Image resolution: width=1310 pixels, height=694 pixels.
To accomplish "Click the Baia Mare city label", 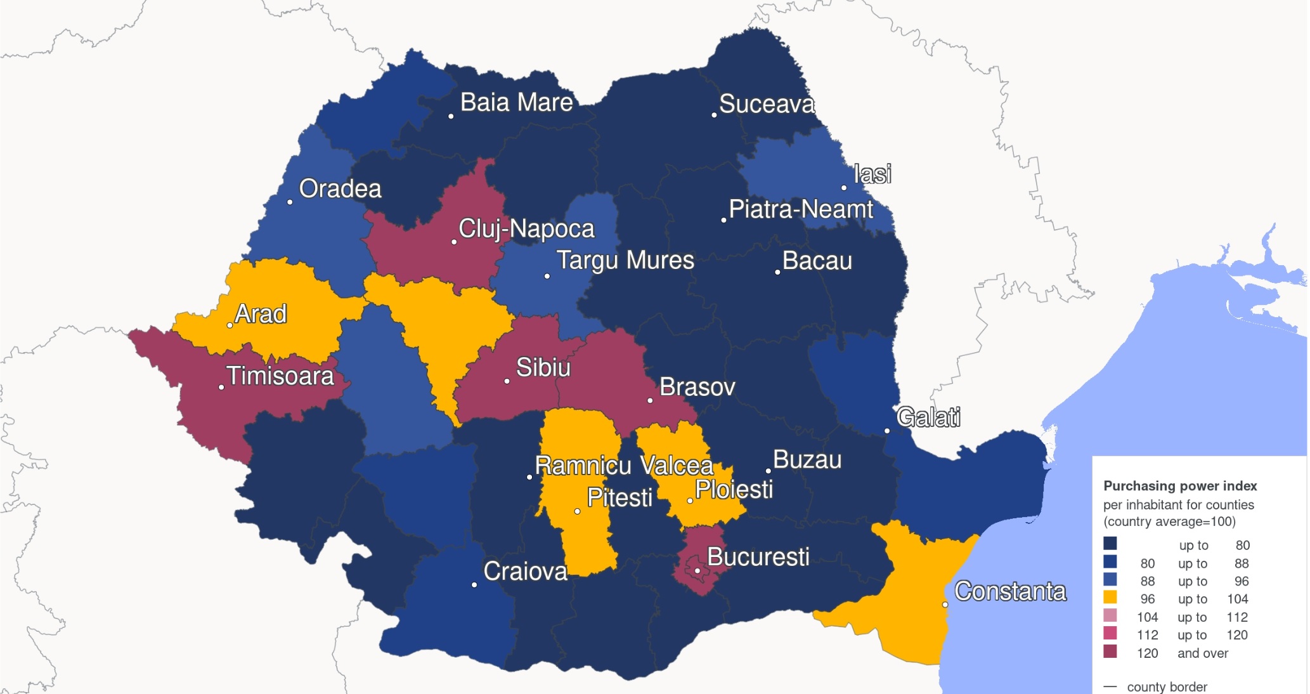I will coord(516,103).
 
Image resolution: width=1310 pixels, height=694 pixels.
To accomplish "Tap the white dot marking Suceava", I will coord(714,115).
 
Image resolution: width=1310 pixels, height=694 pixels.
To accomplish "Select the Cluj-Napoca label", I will coord(526,229).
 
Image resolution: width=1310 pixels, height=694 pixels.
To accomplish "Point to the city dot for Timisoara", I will coord(221,387).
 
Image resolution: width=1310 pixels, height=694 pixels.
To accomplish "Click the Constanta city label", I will coord(1010,591).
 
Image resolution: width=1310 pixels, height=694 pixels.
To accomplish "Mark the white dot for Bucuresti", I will coord(697,571).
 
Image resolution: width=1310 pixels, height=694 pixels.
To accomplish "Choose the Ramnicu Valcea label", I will coord(624,466).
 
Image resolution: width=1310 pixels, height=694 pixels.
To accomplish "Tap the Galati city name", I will coord(928,417).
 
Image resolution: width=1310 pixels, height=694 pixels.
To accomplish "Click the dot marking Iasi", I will coord(844,188).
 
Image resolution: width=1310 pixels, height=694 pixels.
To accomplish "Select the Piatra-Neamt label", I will coord(801,209).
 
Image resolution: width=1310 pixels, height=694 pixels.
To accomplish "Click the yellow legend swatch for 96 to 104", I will coord(1110,598).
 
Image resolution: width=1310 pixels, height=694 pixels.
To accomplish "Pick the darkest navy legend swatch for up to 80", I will coord(1110,544).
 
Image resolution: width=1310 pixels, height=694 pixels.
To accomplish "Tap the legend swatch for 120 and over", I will coord(1110,651).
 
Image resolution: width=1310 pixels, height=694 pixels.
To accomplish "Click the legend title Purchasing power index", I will coord(1180,486).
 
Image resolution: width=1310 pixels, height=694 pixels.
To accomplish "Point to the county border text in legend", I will coord(1167,687).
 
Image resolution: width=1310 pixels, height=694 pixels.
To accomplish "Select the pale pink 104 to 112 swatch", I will coord(1110,615).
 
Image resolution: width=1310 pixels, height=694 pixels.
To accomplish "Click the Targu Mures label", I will coord(625,261).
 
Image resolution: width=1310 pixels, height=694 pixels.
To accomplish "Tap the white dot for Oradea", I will coord(290,202).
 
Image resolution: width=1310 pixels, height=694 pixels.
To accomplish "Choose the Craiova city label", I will coord(525,572).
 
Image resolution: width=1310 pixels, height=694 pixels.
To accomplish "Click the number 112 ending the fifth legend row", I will coord(1236,617).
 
